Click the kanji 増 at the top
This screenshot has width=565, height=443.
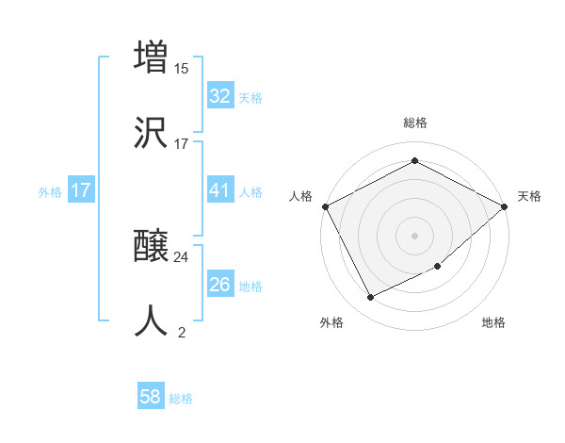pos(151,57)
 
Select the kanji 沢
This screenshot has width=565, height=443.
pos(151,133)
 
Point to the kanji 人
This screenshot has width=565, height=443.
pos(151,321)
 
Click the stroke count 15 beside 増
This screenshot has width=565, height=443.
pos(182,68)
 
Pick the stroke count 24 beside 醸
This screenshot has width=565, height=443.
pos(182,256)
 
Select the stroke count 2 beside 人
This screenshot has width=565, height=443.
pos(182,332)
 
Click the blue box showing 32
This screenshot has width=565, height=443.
pos(219,96)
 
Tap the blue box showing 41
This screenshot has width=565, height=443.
pos(219,190)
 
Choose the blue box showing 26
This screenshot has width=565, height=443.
pos(219,285)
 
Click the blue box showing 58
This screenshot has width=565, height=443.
pos(151,398)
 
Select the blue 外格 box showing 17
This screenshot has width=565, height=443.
pos(81,190)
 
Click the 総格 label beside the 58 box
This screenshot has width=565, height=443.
pos(181,399)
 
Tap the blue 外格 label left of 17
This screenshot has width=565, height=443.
pos(50,191)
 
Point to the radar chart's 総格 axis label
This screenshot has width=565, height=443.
pos(414,123)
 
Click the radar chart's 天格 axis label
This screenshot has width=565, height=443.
pos(529,196)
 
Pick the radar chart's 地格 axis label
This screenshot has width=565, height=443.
pos(493,322)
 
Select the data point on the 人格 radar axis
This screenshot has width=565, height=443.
pos(325,206)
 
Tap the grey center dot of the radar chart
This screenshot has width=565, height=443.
pos(414,235)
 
